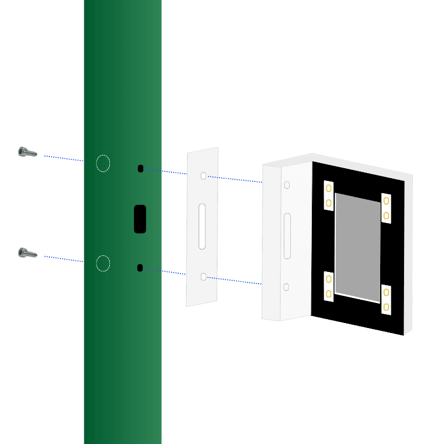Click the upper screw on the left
click(27, 152)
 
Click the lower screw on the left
click(27, 253)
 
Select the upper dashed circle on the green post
click(103, 163)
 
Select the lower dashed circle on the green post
click(103, 263)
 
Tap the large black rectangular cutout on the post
click(140, 219)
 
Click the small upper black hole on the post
click(140, 168)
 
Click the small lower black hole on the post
click(140, 268)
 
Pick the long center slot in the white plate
click(202, 226)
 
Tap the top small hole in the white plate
click(203, 175)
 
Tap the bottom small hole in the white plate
click(203, 276)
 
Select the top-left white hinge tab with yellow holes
click(329, 196)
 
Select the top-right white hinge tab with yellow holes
click(386, 208)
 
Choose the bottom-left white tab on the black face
click(329, 286)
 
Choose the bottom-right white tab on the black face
click(386, 300)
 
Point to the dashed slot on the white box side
click(287, 235)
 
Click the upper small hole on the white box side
click(286, 185)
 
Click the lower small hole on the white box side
click(286, 287)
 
